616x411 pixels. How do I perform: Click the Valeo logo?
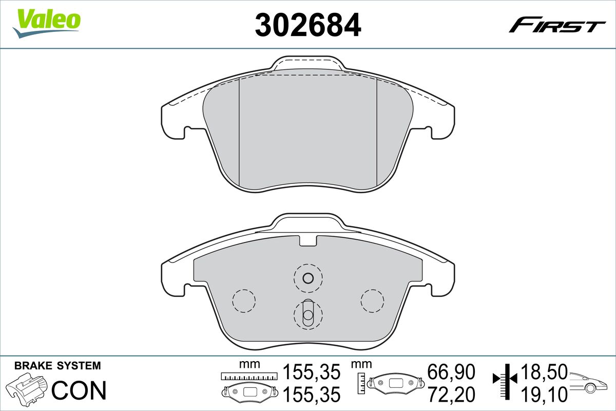pos(47,24)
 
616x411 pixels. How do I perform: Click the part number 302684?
pos(308,25)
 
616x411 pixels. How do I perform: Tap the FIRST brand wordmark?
pos(557,28)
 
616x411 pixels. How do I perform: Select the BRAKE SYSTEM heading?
pos(57,366)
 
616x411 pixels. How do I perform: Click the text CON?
pos(79,390)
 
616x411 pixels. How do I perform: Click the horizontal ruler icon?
pos(249,376)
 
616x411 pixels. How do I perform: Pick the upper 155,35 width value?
pos(312,372)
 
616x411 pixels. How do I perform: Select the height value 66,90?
pos(451,372)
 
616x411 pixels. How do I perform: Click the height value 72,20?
pos(451,395)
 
